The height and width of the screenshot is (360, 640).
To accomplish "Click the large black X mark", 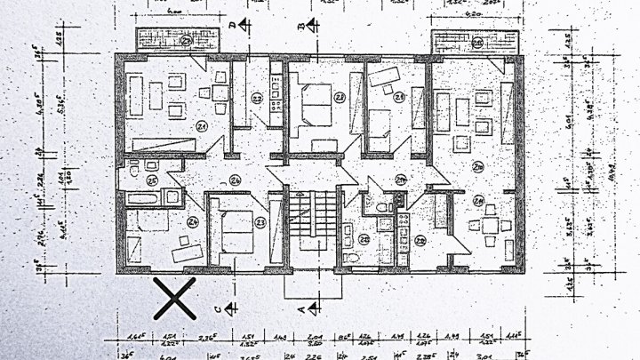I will click(x=174, y=298).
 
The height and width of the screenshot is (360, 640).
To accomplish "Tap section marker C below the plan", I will click(x=229, y=308).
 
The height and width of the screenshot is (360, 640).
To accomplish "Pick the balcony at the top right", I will click(x=474, y=42).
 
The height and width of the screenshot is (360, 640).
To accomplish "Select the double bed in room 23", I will click(x=237, y=229).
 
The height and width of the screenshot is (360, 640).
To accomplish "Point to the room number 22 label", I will click(x=257, y=99).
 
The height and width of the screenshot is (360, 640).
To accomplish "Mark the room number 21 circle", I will click(x=202, y=128).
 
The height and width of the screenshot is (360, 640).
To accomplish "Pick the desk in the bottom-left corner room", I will click(x=188, y=253).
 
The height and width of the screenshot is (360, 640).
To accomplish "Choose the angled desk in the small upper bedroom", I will click(x=385, y=77).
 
